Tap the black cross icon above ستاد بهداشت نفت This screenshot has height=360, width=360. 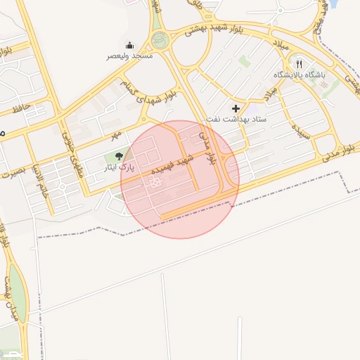coord(236,108)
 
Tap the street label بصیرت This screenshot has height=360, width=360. coord(15,171)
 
